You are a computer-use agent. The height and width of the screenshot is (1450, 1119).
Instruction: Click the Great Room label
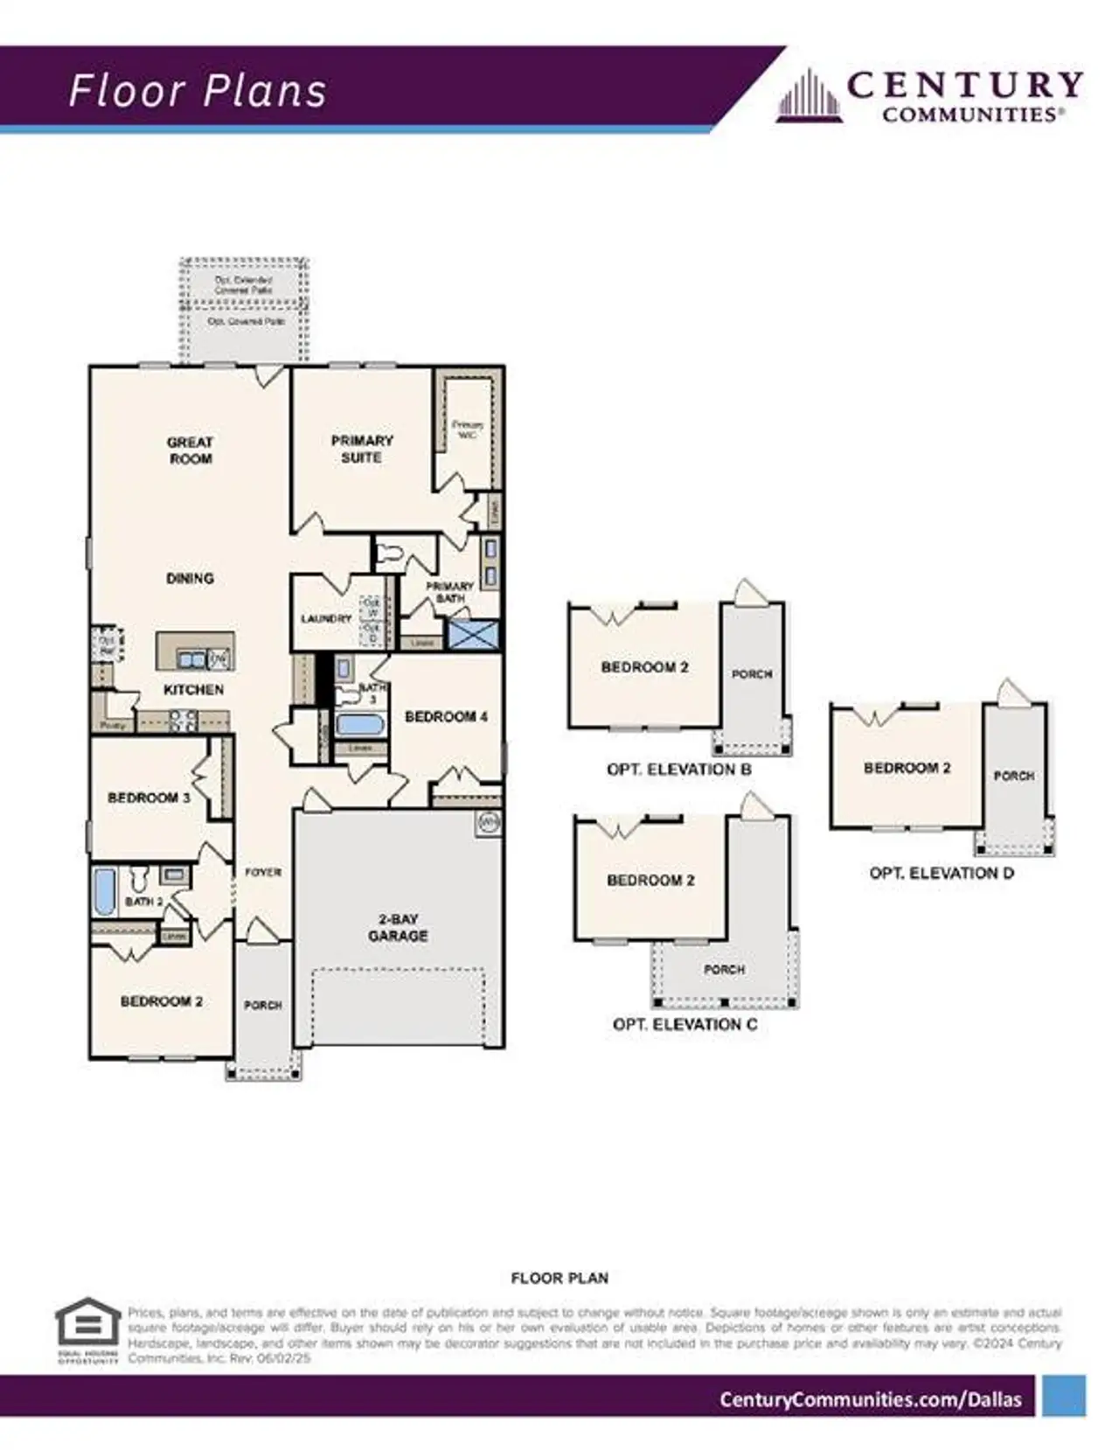pos(190,450)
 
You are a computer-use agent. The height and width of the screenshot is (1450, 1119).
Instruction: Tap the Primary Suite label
pos(361,449)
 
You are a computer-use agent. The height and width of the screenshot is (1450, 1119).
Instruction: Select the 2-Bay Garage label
pos(398,927)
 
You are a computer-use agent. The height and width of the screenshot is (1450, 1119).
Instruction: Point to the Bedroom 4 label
pos(446,716)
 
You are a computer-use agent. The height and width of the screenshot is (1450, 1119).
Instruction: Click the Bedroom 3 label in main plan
pos(149,798)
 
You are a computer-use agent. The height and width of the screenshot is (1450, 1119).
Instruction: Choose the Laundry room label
pos(326,618)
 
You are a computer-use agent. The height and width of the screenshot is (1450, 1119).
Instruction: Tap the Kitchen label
pos(193,689)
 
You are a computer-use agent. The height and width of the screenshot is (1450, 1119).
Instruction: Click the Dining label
pos(190,578)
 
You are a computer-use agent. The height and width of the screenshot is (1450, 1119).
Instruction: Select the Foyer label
pos(262,872)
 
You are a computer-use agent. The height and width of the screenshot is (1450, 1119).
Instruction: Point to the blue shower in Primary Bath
pos(473,634)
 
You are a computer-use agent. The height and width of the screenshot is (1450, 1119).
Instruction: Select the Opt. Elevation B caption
pos(678,770)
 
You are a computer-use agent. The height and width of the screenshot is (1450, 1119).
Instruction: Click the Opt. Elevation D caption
pos(941,873)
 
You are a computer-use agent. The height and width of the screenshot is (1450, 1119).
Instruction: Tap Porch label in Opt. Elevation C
pos(724,969)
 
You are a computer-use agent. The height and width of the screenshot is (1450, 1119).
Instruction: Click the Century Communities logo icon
pos(810,97)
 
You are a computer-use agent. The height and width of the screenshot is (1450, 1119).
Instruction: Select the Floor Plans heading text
pos(198,91)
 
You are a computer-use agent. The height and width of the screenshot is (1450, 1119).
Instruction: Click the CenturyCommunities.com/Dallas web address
pos(870,1399)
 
